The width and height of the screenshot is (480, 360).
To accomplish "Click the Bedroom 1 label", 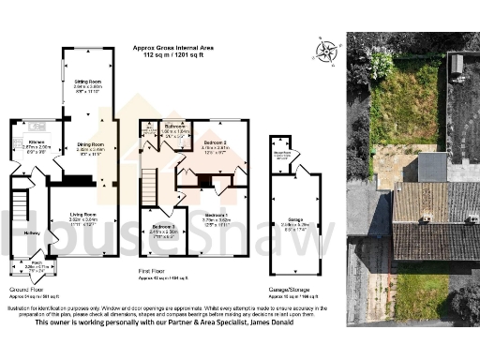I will pyautogui.click(x=217, y=215).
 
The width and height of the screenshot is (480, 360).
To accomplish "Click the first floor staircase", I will pyautogui.click(x=149, y=181).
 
